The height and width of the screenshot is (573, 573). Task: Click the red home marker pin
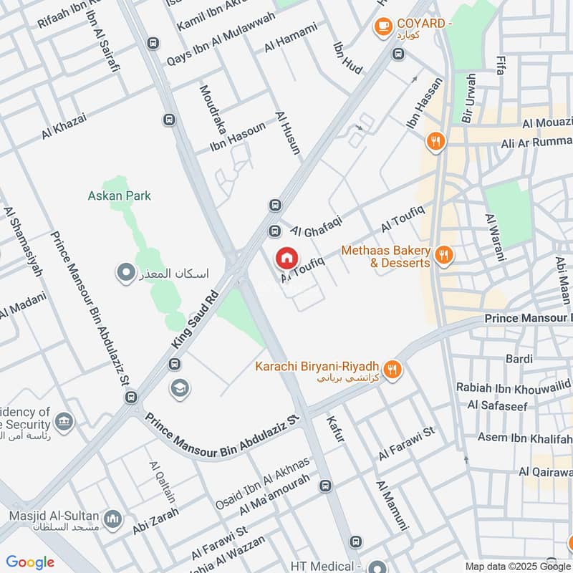pos(286,258)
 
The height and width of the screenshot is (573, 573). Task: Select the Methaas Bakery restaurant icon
pos(444,254)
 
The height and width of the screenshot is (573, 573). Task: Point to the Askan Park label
pos(120,196)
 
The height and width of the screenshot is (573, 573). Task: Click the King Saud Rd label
pos(193,319)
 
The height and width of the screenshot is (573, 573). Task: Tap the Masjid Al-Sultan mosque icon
pos(112,518)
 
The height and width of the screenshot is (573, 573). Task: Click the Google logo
pos(30,562)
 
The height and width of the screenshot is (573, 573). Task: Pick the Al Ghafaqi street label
pos(317,225)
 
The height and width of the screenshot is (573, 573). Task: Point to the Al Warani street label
pos(495,236)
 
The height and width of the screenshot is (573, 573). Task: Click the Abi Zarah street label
pos(155,521)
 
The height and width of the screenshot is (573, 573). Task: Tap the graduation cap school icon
pos(179,388)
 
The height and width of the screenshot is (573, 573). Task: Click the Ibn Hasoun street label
pos(238,136)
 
